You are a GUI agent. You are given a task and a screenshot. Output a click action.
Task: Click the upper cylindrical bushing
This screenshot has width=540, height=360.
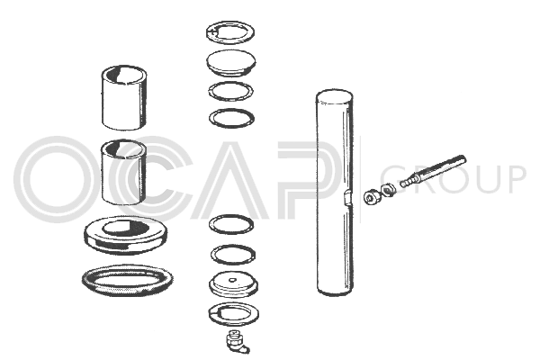(124, 98)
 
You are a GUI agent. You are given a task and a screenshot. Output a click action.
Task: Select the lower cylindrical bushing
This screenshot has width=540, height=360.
(124, 172)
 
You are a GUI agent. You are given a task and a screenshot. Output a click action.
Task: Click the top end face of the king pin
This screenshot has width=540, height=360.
(335, 95)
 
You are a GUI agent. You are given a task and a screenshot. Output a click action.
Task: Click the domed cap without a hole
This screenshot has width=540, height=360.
(230, 62)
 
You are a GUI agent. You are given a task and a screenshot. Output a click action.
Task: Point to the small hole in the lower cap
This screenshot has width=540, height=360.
(233, 279)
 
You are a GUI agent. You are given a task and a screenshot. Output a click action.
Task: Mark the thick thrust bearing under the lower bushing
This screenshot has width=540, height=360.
(126, 235)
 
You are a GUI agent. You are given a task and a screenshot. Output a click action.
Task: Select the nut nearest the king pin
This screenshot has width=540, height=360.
(372, 197)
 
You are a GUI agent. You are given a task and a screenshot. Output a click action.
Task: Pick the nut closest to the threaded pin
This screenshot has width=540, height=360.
(388, 189)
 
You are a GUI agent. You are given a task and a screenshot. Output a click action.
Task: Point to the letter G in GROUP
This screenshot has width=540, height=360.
(392, 179)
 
